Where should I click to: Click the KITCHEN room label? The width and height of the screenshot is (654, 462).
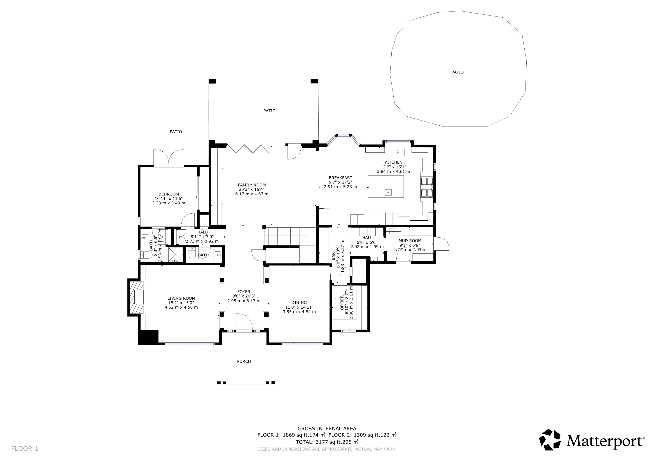(393, 162)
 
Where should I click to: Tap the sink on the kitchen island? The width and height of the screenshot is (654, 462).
(388, 192)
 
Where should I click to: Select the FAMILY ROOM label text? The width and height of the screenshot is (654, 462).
(252, 185)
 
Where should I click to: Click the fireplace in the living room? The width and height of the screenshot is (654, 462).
(136, 297)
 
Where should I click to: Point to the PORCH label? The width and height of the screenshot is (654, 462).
(244, 361)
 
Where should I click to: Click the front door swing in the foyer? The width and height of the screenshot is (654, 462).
(244, 322)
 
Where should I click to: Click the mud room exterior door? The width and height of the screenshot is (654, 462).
(441, 244)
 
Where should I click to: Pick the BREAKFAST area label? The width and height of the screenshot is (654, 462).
(340, 178)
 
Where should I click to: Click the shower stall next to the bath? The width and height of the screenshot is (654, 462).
(175, 255)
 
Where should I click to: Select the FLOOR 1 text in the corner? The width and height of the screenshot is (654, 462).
(24, 449)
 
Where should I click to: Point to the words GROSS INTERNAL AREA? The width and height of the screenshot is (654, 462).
(327, 428)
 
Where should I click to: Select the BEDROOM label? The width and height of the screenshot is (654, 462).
(169, 194)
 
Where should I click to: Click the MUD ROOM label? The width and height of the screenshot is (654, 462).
(410, 241)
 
